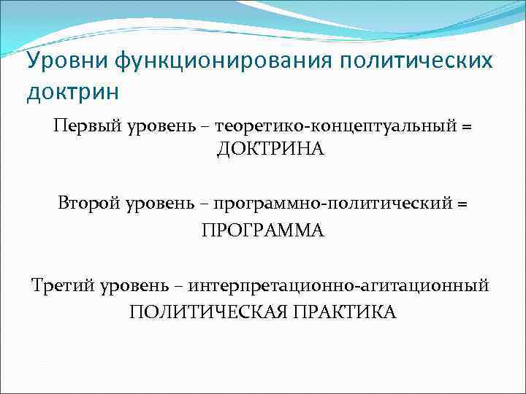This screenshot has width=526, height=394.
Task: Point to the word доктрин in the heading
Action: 72,93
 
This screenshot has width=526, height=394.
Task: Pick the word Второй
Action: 87,204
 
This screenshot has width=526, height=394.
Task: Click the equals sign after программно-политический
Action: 462,204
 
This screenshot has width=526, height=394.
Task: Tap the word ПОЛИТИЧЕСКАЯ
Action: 207,312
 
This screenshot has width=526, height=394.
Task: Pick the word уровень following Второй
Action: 161,204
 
